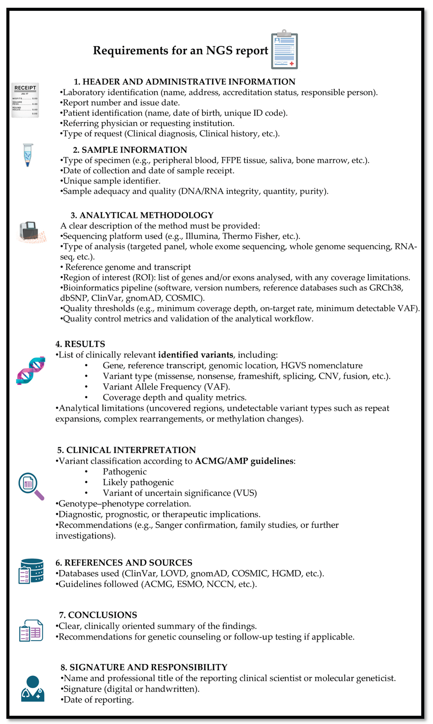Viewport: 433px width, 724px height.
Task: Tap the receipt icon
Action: click(x=25, y=100)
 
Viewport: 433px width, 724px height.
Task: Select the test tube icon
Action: click(x=28, y=155)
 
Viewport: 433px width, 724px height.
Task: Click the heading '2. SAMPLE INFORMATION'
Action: click(x=130, y=150)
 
